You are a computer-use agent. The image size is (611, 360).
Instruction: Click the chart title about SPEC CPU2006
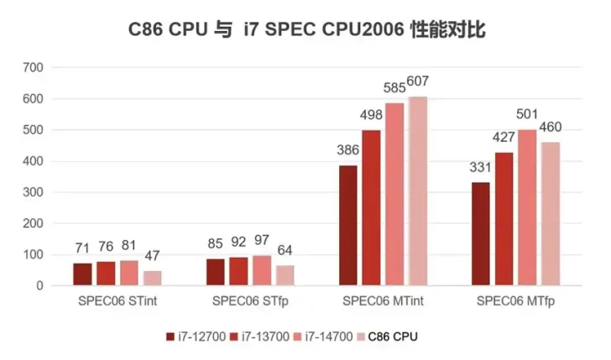click(306, 30)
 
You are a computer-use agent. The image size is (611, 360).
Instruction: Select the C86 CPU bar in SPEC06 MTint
click(417, 191)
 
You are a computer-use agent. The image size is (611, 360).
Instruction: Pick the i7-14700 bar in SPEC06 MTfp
click(527, 207)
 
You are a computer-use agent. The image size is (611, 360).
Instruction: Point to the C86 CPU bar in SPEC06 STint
click(152, 278)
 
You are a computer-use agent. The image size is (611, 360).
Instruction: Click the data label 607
click(418, 83)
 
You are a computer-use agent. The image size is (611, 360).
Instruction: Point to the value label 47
click(153, 257)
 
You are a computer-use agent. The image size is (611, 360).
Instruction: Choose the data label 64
click(285, 251)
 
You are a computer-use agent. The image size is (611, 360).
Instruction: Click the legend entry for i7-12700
click(196, 337)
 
